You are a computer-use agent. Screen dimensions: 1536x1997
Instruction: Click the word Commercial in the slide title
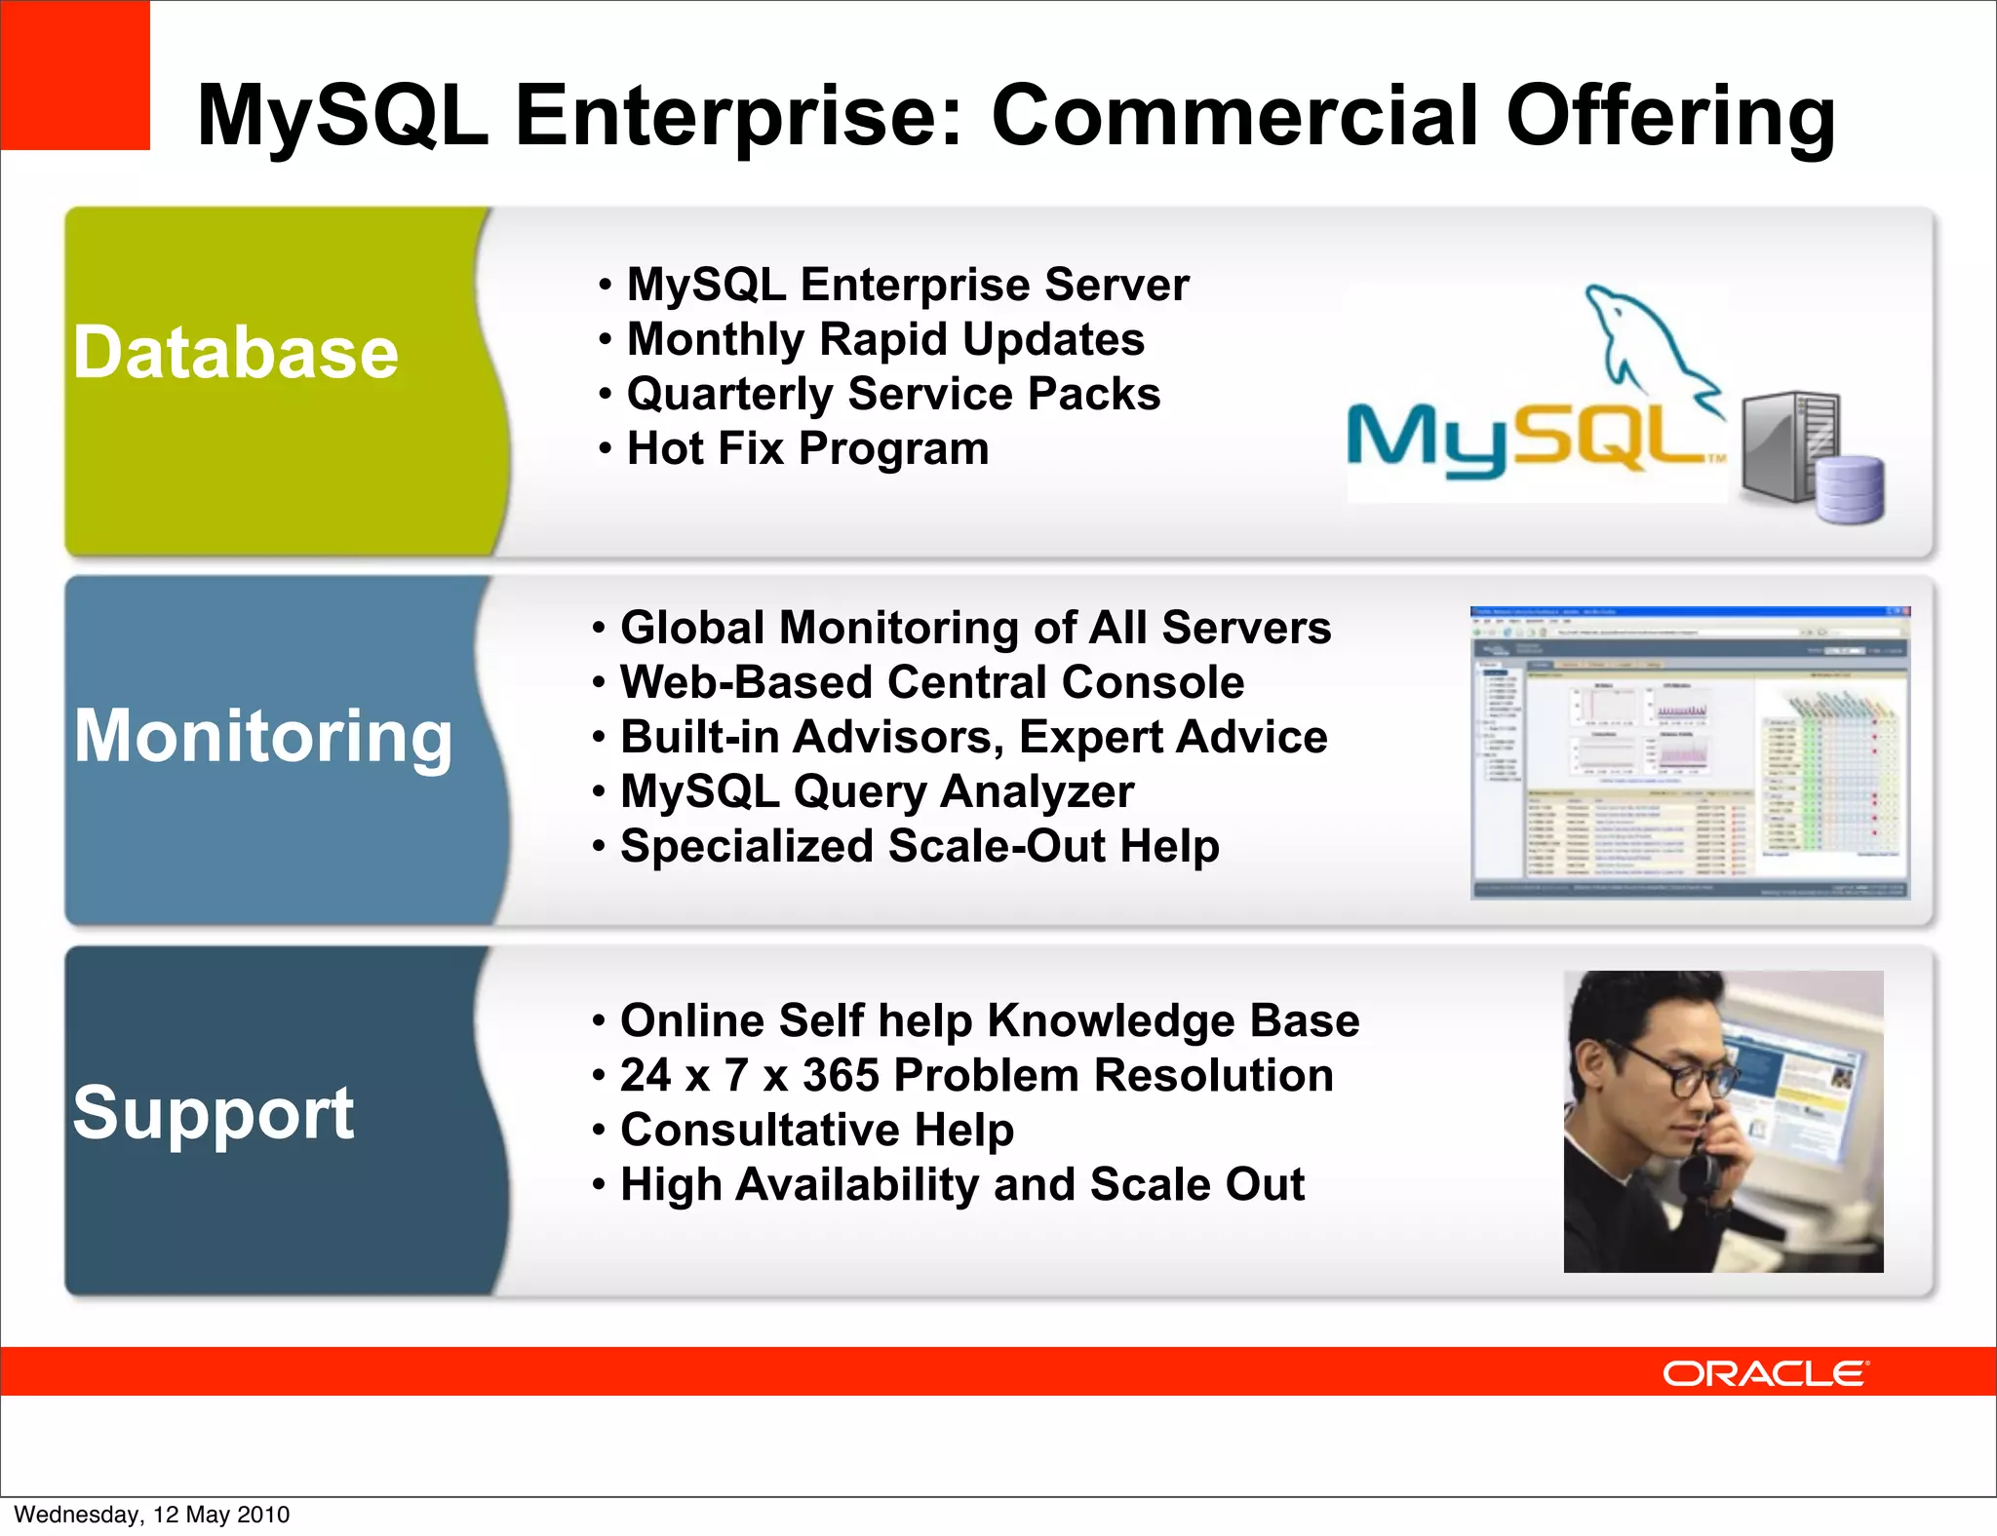[x=1236, y=116]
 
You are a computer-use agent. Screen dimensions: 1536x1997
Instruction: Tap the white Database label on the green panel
[x=236, y=353]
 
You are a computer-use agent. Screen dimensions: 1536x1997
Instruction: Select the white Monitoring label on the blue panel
[x=263, y=736]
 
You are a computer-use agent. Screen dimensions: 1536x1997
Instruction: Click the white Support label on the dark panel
[x=213, y=1112]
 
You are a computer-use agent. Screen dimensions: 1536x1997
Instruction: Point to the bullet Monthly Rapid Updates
[x=884, y=339]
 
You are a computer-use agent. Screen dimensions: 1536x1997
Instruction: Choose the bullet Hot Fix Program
[x=806, y=449]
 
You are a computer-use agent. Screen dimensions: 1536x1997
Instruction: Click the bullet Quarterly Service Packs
[x=892, y=395]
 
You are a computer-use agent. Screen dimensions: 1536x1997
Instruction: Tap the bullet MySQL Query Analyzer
[x=877, y=791]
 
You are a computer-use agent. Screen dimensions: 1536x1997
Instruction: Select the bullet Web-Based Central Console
[x=931, y=682]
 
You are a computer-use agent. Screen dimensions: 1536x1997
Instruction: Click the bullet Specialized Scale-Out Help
[x=919, y=846]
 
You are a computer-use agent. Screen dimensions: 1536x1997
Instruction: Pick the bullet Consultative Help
[x=816, y=1131]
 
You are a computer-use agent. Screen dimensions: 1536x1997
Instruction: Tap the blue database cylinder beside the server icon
[x=1850, y=489]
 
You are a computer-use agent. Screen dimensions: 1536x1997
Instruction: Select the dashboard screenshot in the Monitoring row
[x=1689, y=752]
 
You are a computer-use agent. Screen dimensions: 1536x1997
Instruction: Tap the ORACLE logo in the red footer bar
[x=1765, y=1373]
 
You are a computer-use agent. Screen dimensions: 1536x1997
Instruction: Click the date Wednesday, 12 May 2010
[x=152, y=1515]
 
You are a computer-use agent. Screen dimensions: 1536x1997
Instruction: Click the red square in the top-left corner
[x=74, y=74]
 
